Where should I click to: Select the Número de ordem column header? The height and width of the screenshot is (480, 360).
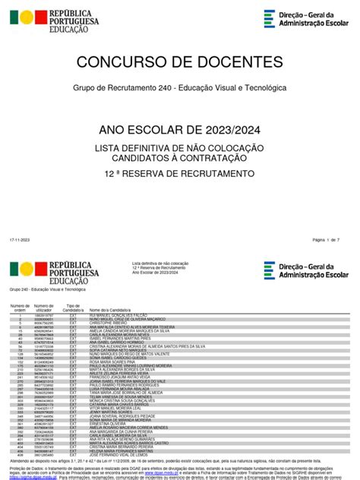tap(18, 308)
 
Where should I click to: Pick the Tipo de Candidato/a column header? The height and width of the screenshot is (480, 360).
tap(74, 308)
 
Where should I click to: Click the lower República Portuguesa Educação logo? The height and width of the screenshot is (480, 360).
tap(43, 270)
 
